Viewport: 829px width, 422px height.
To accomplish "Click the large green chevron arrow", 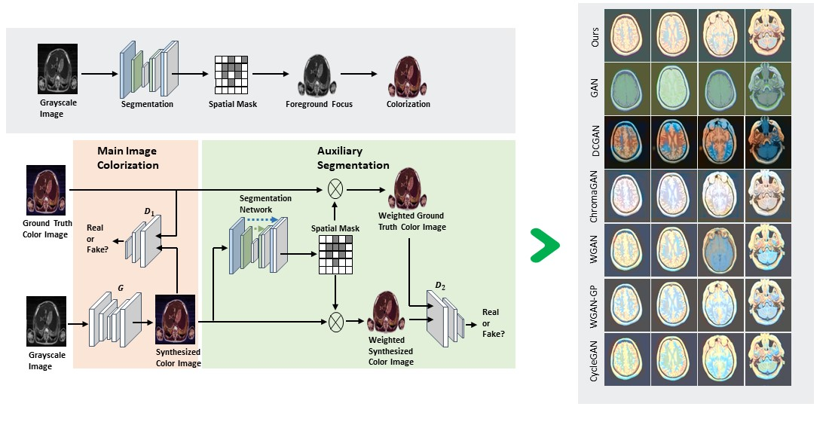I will coord(544,244).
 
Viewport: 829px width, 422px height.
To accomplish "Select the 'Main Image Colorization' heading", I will coord(127,158).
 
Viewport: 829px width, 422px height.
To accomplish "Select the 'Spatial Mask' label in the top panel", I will coord(233,104).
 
